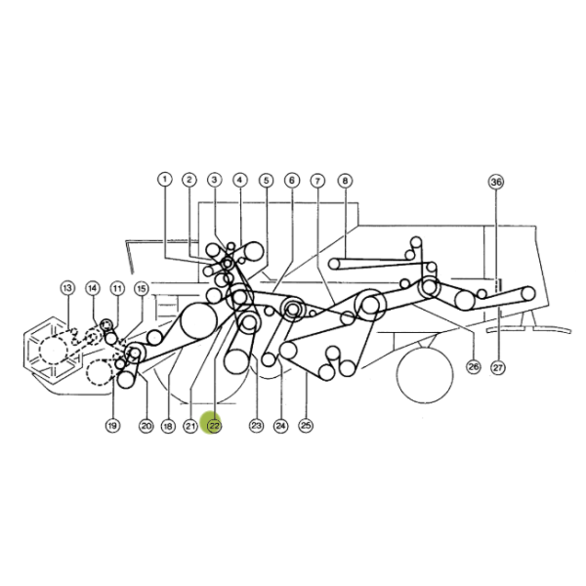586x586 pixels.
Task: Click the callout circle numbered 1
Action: [164, 180]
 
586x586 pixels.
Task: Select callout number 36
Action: [496, 182]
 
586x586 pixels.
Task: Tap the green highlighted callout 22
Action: [214, 426]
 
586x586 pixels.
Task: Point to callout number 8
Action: [345, 181]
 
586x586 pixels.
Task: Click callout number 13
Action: [67, 288]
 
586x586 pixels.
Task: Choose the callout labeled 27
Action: [498, 368]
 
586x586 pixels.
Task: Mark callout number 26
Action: [474, 366]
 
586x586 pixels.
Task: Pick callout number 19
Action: [112, 425]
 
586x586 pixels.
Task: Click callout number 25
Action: [306, 425]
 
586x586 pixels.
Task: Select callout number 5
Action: [266, 181]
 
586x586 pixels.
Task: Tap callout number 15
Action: [142, 288]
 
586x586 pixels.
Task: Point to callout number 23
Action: [256, 425]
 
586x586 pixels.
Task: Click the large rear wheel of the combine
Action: [425, 375]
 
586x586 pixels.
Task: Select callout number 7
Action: [317, 181]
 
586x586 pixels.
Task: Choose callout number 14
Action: [93, 288]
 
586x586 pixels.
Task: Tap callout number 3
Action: [214, 180]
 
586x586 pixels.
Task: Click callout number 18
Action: [168, 426]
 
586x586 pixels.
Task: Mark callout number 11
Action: [117, 288]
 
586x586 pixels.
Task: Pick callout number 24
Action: [281, 426]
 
